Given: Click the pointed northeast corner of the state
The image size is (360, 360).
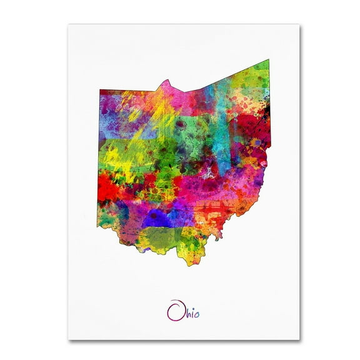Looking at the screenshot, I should click(269, 61).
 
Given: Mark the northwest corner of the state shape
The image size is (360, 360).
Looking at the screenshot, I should click(100, 90).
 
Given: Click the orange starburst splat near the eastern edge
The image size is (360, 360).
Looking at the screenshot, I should click(256, 143).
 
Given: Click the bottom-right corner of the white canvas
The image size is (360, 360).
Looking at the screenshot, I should click(299, 339).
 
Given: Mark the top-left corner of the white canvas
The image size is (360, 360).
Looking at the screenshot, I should click(68, 24).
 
